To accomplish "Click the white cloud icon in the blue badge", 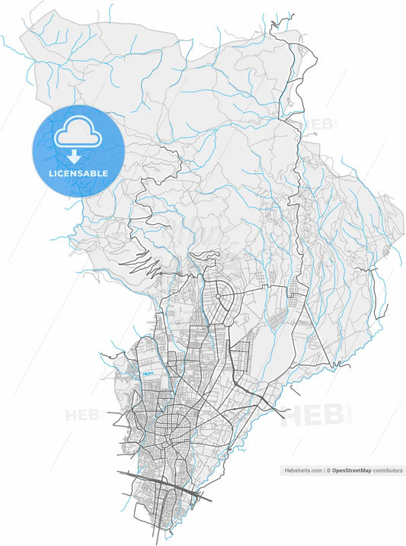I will pos(77,135).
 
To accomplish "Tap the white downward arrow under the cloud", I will pos(74,157).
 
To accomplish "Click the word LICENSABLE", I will pos(78,174).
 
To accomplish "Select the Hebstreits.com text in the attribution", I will pos(302,471).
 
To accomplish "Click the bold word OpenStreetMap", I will pos(351,471).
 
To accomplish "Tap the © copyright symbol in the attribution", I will pos(328,471).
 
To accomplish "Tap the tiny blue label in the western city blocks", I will pos(148,374).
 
